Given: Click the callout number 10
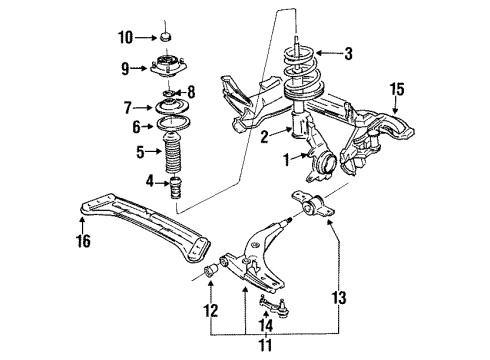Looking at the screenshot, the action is [x=126, y=38].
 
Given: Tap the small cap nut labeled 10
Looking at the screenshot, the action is [x=165, y=37].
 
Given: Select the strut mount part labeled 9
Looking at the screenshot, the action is [x=168, y=67].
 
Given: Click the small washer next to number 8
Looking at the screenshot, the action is [x=169, y=92].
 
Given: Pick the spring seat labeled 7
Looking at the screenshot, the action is [x=171, y=107].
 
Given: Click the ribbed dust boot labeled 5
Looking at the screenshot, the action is [x=172, y=152].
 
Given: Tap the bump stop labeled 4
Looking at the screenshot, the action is [x=176, y=187].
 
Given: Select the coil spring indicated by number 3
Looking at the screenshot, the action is [x=303, y=75].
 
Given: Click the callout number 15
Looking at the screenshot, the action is [x=397, y=89].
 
